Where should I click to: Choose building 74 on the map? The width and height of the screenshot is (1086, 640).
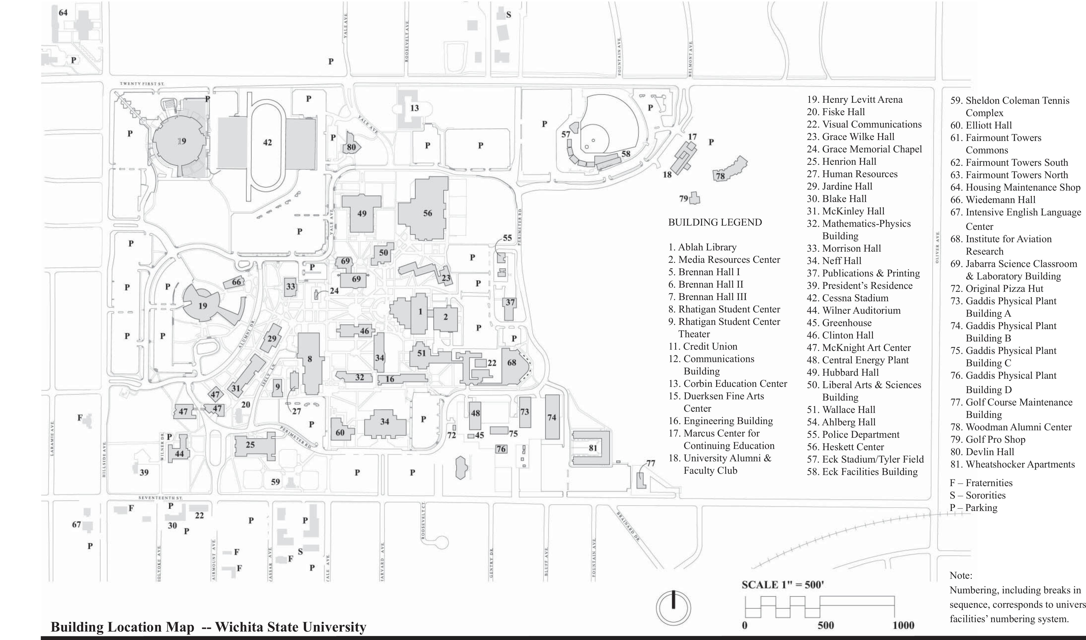tap(552, 417)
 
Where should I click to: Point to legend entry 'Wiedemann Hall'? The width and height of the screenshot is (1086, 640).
tap(992, 200)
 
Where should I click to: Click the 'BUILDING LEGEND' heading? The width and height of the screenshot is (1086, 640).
tap(715, 223)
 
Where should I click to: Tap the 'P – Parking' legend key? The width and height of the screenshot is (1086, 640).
tap(974, 507)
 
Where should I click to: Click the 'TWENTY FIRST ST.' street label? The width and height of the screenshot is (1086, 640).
tap(142, 84)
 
